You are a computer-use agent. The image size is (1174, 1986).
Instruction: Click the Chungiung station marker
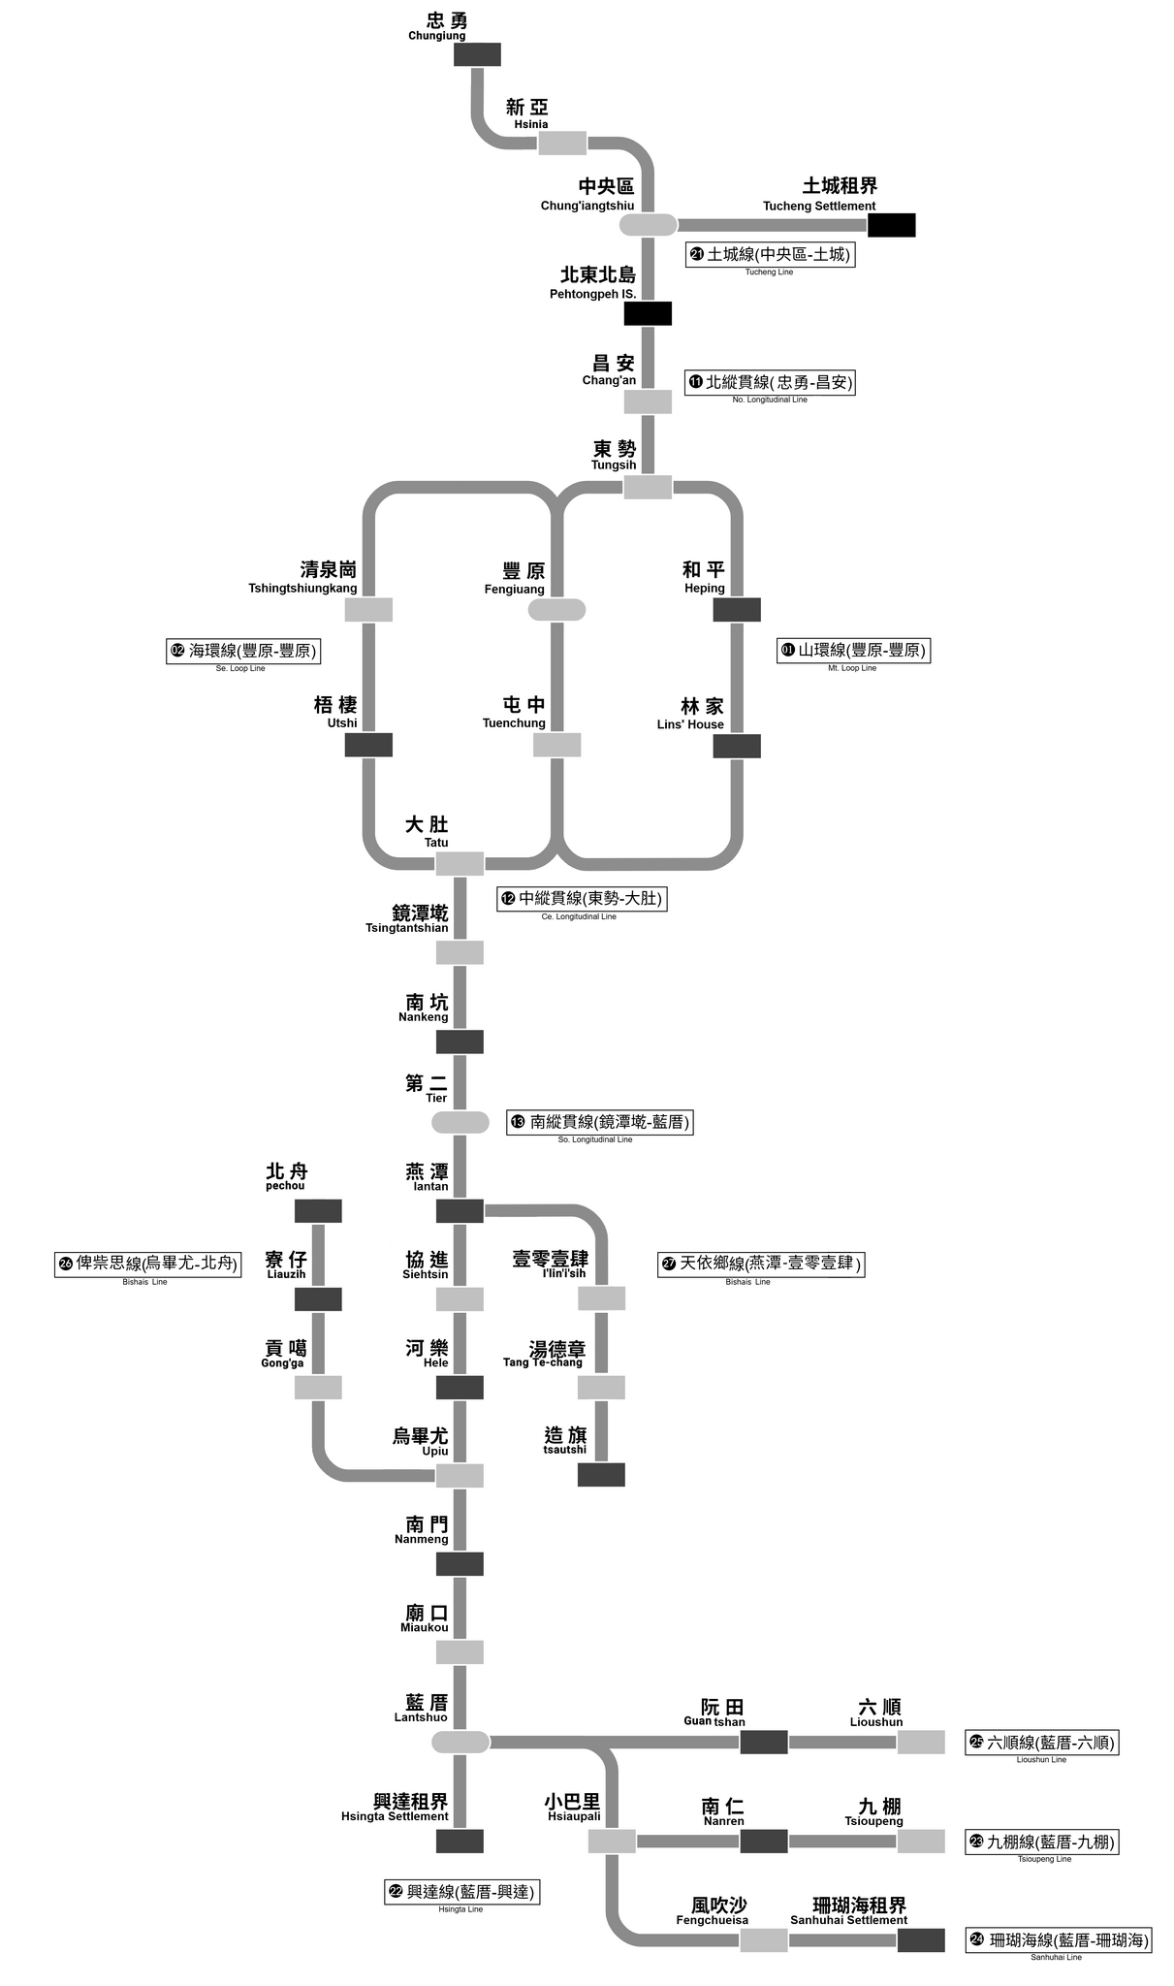[477, 54]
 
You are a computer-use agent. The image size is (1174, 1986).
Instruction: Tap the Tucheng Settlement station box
[891, 225]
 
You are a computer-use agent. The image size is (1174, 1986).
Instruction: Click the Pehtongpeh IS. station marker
[648, 313]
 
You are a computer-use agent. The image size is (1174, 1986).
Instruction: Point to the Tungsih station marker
[648, 488]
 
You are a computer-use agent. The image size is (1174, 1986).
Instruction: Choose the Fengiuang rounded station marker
[556, 610]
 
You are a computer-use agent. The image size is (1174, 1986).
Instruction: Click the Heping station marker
[737, 610]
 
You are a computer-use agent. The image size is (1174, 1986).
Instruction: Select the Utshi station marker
[368, 745]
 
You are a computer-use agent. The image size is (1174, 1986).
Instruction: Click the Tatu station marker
[460, 864]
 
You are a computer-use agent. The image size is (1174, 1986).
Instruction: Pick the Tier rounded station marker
[460, 1122]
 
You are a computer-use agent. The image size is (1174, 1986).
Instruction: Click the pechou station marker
[318, 1211]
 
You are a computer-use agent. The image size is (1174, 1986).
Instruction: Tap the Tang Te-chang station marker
[601, 1388]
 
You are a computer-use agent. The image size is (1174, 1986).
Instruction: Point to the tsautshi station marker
[601, 1475]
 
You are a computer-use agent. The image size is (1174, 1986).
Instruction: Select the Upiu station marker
[460, 1476]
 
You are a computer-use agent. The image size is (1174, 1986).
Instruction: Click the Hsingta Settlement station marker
[460, 1841]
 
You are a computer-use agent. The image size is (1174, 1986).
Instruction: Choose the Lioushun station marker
[920, 1742]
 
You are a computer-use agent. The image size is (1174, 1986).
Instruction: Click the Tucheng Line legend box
[770, 255]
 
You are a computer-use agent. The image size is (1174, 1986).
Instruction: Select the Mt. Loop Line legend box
[853, 651]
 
